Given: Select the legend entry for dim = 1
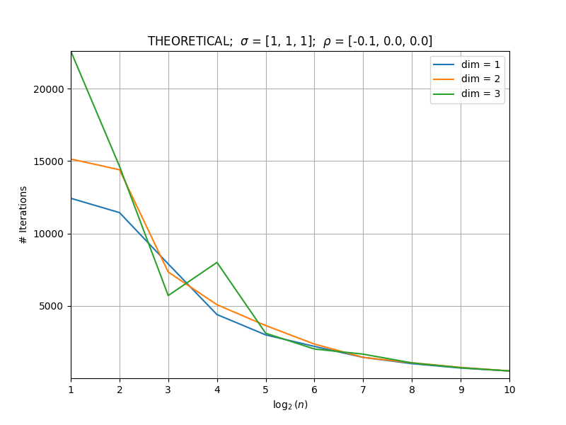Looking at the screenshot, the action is click(466, 64).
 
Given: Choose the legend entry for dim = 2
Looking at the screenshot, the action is click(466, 79).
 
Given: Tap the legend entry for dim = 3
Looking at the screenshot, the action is click(466, 93).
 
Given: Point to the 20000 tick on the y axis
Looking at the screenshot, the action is click(49, 89).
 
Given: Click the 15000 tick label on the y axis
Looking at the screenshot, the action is click(49, 161).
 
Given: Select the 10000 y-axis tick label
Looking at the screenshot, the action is click(49, 234).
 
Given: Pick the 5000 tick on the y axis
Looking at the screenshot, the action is click(51, 307).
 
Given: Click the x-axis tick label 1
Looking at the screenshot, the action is click(71, 390).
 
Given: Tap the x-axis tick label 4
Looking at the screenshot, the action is click(217, 390).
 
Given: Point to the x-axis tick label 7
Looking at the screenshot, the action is click(363, 390).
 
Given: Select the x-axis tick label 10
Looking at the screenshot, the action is click(509, 390).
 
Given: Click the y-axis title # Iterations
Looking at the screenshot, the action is click(23, 215).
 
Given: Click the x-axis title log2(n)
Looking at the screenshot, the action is click(290, 404).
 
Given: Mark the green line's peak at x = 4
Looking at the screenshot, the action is click(217, 262).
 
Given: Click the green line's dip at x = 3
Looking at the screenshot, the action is click(168, 295).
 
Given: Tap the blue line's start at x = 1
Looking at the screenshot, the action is click(71, 198).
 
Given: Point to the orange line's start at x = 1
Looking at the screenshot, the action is click(71, 159).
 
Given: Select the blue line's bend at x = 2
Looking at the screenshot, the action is click(120, 212).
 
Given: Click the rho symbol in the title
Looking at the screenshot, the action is click(327, 42).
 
